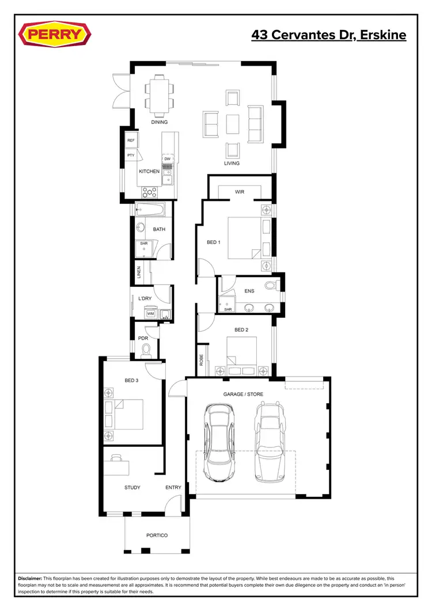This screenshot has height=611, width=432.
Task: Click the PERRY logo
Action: tap(55, 35)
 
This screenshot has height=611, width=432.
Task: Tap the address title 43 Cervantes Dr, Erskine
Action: tap(328, 35)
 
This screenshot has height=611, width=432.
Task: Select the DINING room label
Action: tap(160, 122)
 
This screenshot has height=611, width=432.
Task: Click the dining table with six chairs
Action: tap(159, 95)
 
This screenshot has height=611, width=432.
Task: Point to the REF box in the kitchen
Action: tap(131, 141)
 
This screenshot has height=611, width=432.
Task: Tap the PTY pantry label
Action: tap(131, 155)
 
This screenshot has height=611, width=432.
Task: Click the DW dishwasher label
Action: tap(168, 159)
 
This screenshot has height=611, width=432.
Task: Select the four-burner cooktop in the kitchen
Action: tap(150, 193)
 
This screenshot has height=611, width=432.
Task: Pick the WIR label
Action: tap(240, 192)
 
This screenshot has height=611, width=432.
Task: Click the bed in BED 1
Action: tap(245, 237)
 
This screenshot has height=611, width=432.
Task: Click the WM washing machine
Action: tap(150, 314)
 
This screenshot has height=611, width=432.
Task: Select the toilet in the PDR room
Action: tap(146, 349)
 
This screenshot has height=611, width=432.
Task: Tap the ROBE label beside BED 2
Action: tap(202, 360)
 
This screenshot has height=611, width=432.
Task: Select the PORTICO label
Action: tap(157, 536)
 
